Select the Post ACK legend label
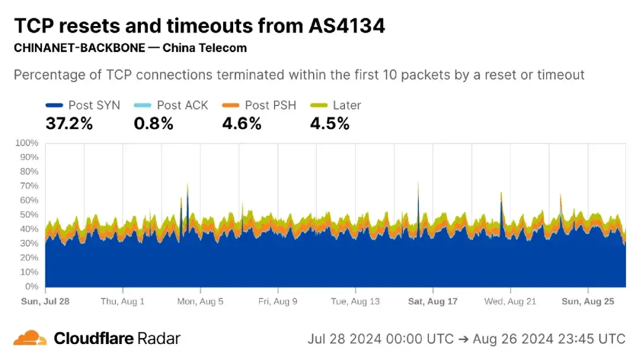[182, 105]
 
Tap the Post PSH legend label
[270, 105]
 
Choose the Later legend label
[347, 105]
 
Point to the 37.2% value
[69, 124]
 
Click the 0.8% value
[153, 124]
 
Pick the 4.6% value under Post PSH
[241, 124]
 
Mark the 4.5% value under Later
[330, 124]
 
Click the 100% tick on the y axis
[26, 143]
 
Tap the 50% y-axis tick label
[28, 215]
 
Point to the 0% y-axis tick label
[31, 287]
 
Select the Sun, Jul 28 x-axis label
[45, 301]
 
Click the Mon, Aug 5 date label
[200, 301]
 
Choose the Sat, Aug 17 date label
[433, 301]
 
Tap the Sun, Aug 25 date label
[588, 301]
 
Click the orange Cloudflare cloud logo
[30, 338]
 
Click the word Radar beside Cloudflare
[158, 339]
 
